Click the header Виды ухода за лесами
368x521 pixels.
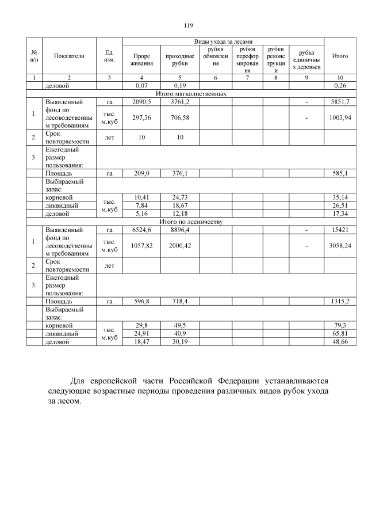click(223, 41)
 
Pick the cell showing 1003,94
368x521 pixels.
click(341, 118)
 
